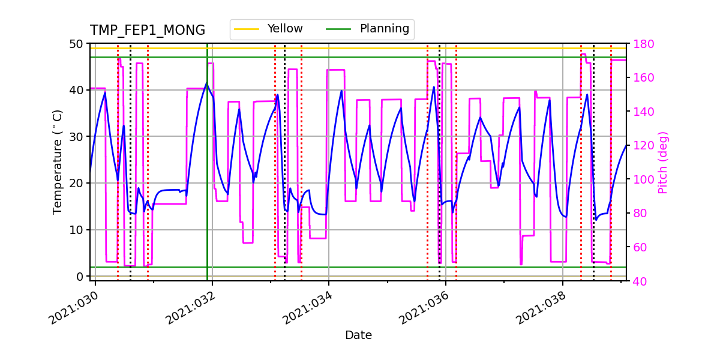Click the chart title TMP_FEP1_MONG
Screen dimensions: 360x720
coord(148,31)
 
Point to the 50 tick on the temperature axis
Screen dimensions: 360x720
coord(79,44)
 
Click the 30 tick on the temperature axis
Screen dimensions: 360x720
coord(79,137)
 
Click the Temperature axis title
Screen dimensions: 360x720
coord(58,161)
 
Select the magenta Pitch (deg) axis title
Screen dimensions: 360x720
coord(663,162)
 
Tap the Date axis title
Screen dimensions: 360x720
coord(358,335)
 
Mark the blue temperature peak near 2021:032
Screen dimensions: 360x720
coord(206,83)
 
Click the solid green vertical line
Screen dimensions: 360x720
coord(207,180)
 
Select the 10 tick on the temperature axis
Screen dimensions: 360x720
coord(79,230)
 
